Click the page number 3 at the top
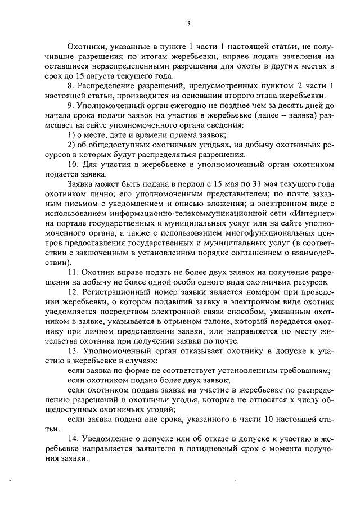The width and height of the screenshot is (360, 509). click(x=190, y=24)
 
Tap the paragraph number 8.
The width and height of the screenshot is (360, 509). click(x=70, y=87)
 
